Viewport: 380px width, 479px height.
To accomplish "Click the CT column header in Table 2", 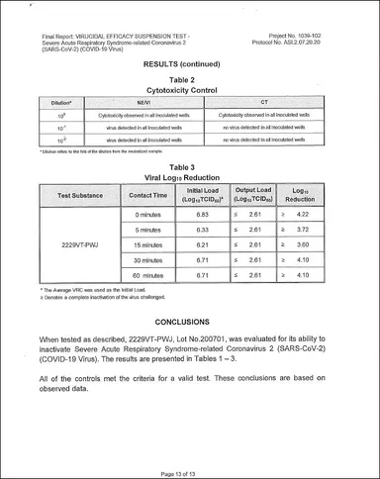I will click(263, 102).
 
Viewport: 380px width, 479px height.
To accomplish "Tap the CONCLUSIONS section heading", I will click(189, 322).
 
